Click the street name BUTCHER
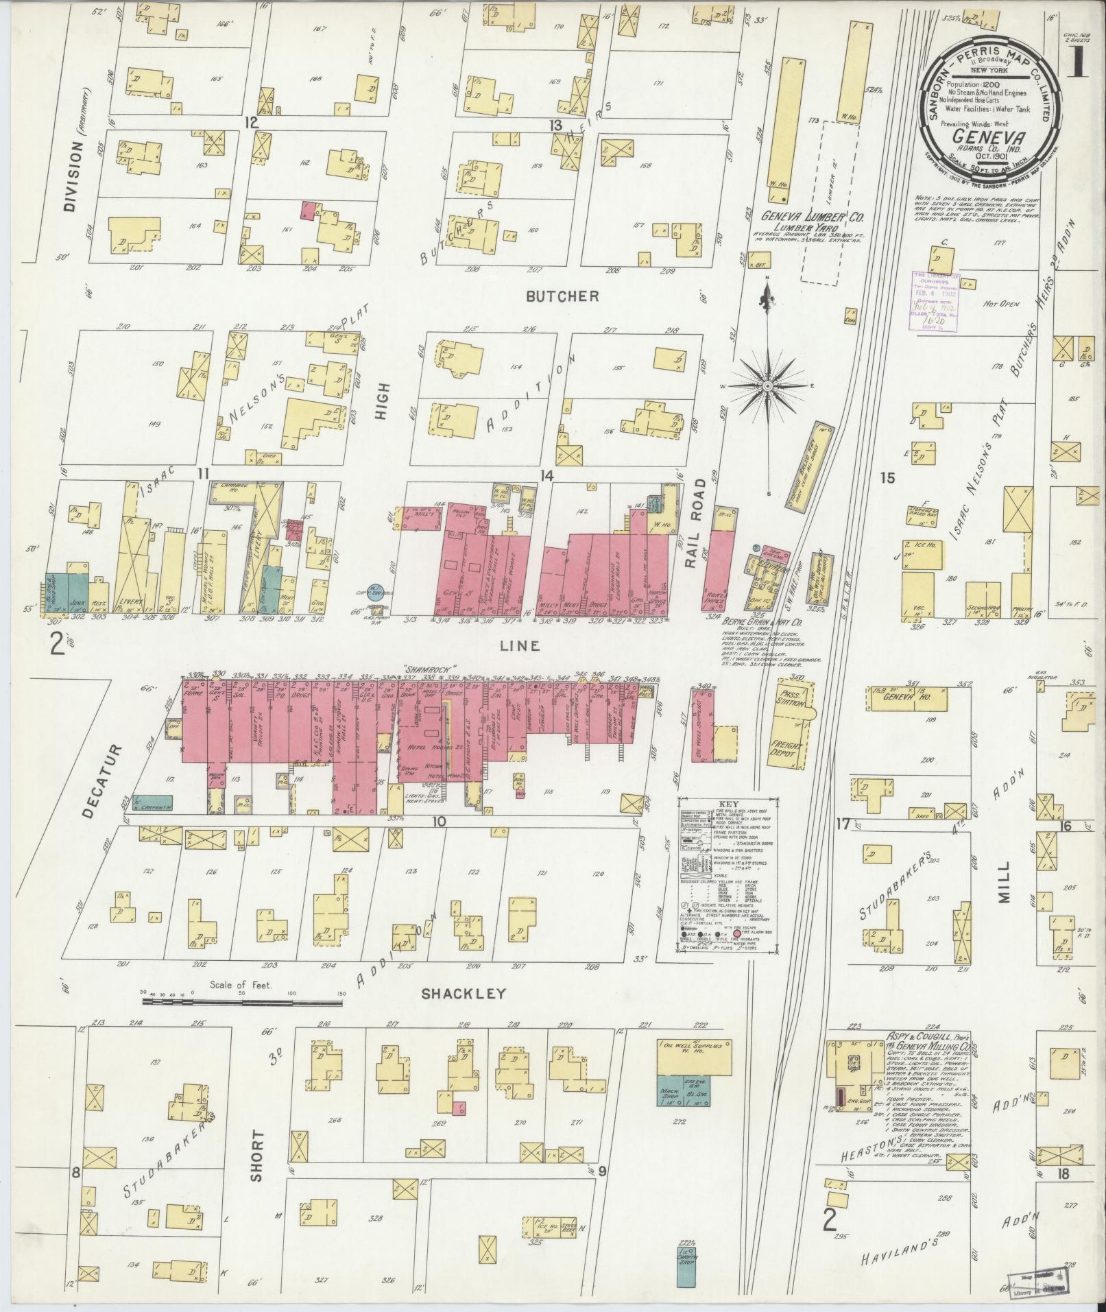pos(563,296)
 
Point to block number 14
pos(546,475)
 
